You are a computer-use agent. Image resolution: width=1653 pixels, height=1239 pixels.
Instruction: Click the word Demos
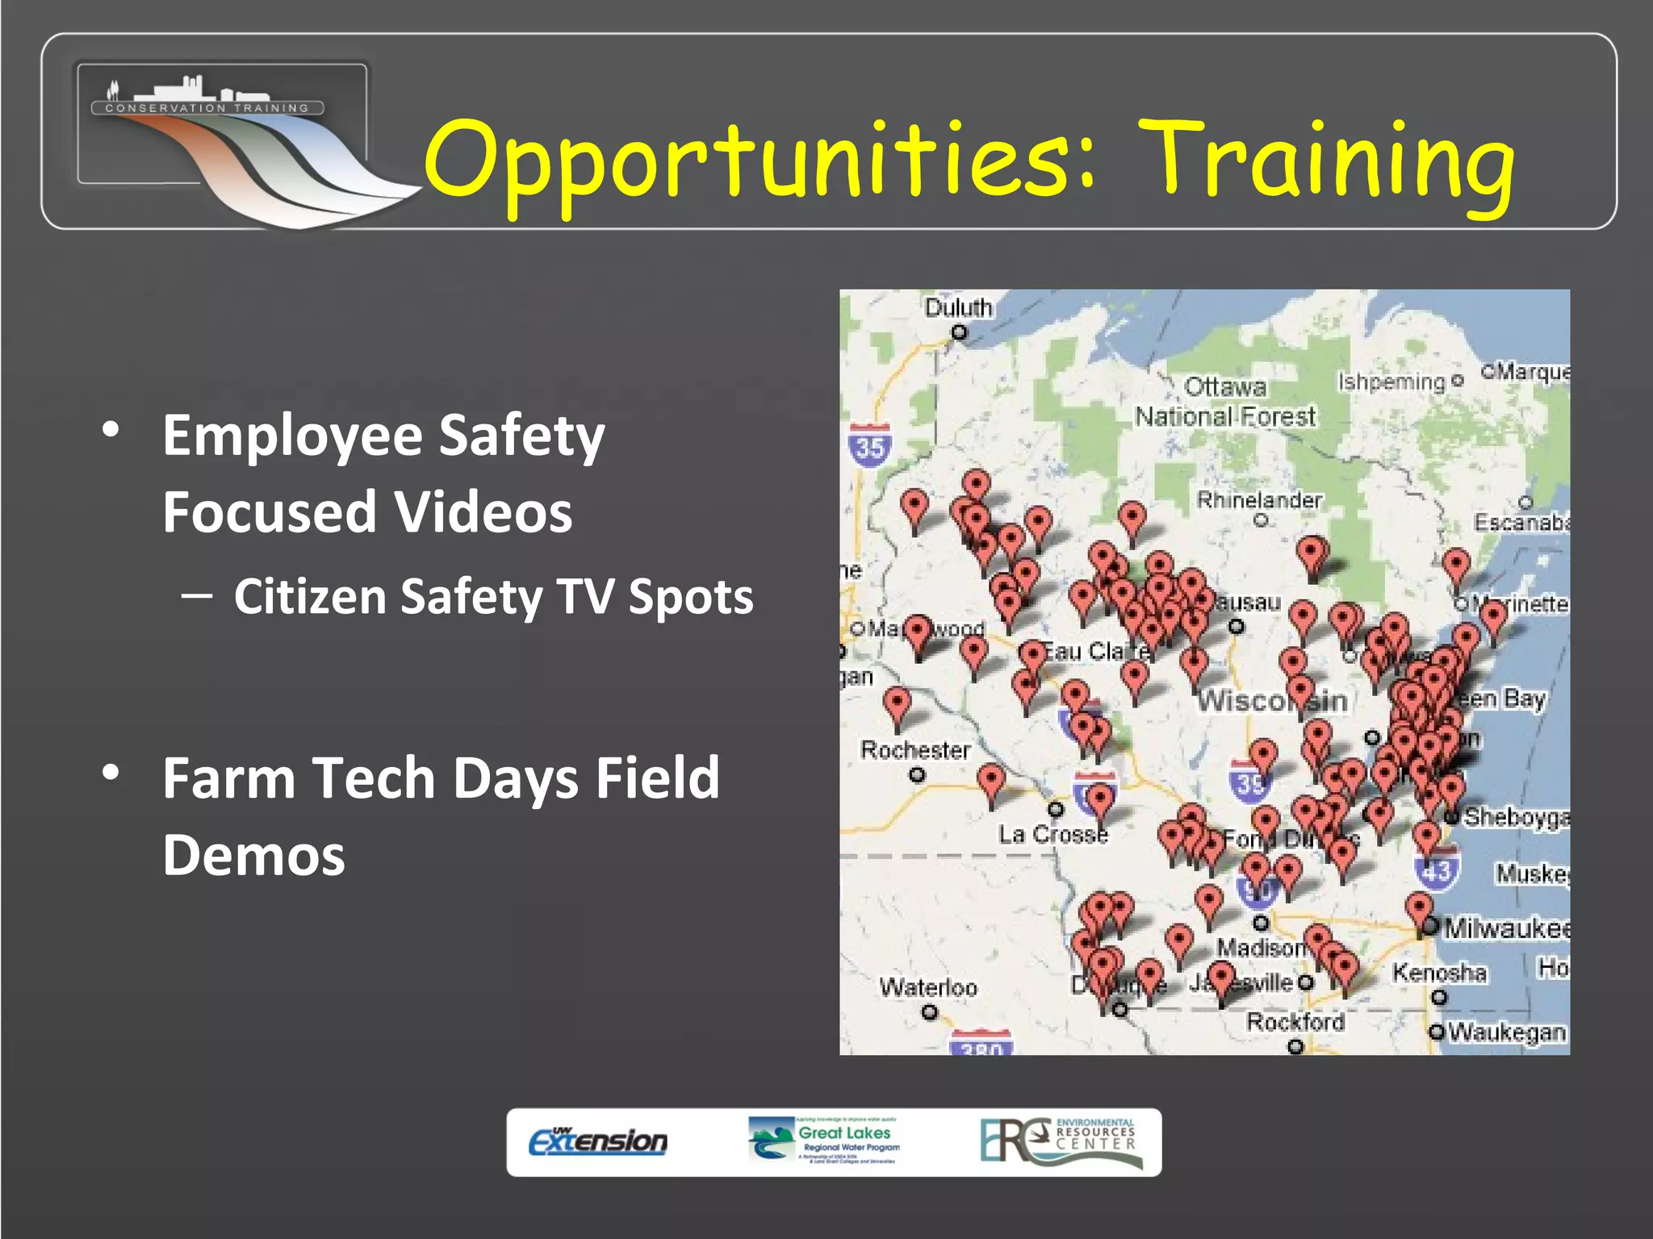coord(253,855)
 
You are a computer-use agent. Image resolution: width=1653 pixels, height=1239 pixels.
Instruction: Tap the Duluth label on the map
coord(958,308)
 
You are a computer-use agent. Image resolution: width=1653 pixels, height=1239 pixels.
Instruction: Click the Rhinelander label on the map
coord(1259,500)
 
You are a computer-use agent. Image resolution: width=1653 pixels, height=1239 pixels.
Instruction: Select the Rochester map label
coord(915,750)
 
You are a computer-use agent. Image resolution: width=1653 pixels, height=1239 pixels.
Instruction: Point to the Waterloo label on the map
coord(928,987)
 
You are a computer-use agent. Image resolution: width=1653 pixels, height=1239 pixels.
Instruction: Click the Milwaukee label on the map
coord(1506,928)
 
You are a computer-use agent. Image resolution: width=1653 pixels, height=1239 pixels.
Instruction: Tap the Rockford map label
coord(1295,1022)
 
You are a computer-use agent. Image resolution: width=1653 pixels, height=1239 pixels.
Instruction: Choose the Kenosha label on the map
coord(1439,973)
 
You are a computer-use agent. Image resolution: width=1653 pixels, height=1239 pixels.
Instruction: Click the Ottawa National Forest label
coord(1225,402)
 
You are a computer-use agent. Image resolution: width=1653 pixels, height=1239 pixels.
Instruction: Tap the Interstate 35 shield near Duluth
coord(869,446)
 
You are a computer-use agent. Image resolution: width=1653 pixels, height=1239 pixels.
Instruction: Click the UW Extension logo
coord(598,1141)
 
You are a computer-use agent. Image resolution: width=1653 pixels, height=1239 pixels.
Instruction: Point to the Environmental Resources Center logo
coord(1061,1141)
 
